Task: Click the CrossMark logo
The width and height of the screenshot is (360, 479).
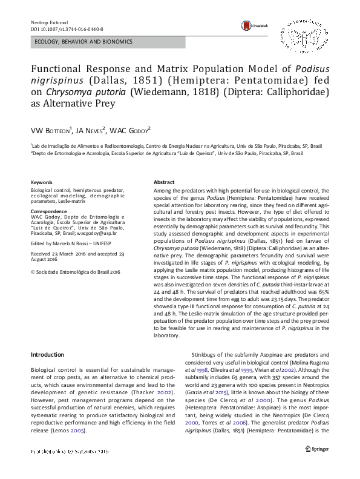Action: [252, 25]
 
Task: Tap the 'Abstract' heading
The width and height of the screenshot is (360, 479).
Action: [164, 182]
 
